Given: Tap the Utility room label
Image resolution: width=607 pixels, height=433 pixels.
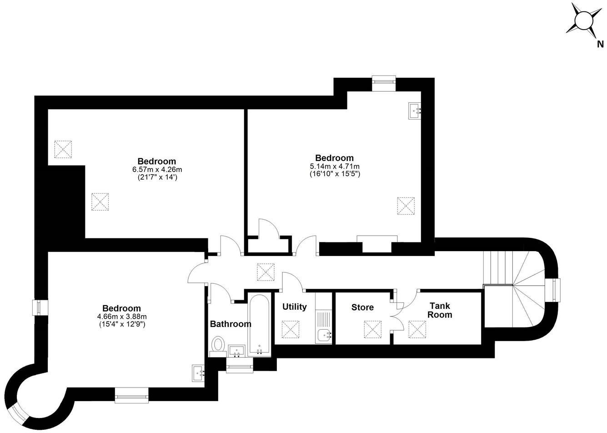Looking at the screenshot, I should tap(294, 307).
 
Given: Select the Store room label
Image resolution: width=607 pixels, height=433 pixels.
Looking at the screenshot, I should tap(362, 307).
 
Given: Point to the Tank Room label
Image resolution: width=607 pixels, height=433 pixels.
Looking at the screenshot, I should tap(441, 310).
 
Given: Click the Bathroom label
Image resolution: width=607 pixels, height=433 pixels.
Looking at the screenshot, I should tap(230, 324).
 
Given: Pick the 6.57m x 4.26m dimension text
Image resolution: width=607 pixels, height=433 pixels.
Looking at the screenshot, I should tap(157, 170).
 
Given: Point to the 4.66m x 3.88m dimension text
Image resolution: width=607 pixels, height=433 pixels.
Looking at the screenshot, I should tap(121, 317).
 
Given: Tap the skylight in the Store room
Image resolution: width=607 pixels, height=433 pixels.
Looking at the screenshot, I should tap(372, 329).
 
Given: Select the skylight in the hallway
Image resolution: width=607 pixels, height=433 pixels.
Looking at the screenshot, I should tap(265, 272).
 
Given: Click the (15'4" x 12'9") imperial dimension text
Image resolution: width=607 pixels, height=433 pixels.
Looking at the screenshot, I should tap(121, 324).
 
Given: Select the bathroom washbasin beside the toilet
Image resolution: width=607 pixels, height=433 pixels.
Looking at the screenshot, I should tap(236, 351).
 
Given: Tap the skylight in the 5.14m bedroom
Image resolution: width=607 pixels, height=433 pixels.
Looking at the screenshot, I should tap(406, 205).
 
